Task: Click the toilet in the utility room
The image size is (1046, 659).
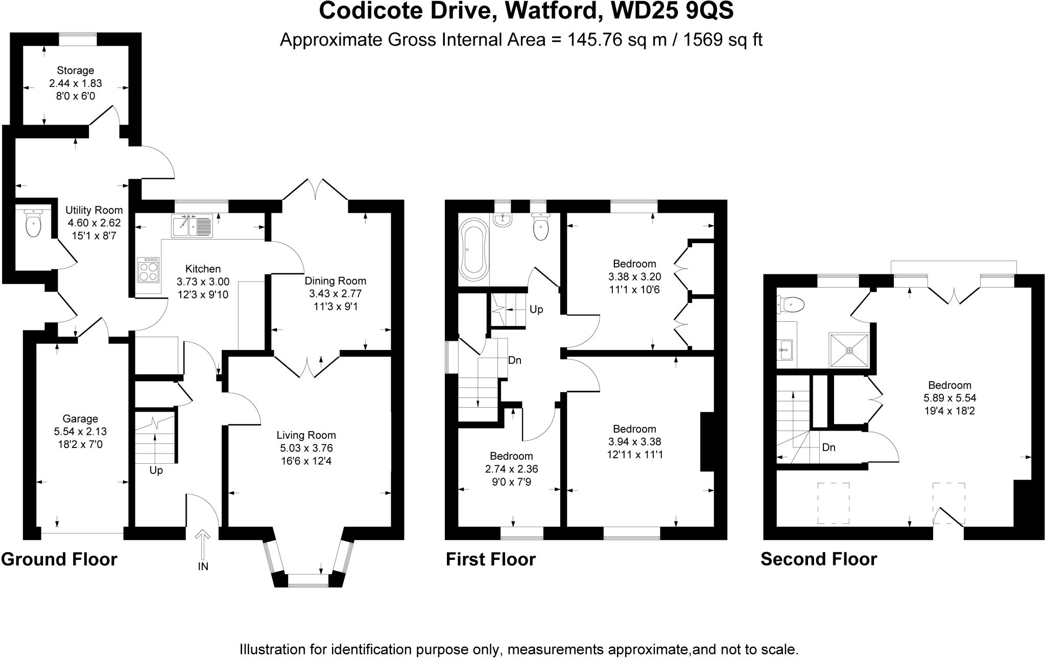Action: pos(33,223)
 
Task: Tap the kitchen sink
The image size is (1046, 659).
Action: pos(192,226)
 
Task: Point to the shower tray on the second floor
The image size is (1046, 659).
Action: pos(849,350)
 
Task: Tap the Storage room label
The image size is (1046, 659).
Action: pos(75,70)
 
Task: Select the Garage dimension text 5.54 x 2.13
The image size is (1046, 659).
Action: pos(80,432)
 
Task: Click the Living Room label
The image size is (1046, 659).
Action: pos(306,435)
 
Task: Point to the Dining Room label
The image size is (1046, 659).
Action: pos(335,281)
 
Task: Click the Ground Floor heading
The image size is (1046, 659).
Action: pos(59,559)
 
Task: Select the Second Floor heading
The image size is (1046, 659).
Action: pos(819,559)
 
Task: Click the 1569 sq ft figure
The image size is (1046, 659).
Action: pos(723,40)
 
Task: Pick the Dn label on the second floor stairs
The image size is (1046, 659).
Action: pos(828,448)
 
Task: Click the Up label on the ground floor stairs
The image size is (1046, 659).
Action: pos(156,470)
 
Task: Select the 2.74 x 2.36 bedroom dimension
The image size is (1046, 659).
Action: pos(511,469)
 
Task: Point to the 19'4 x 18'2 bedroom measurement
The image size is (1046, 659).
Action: pos(949,411)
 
